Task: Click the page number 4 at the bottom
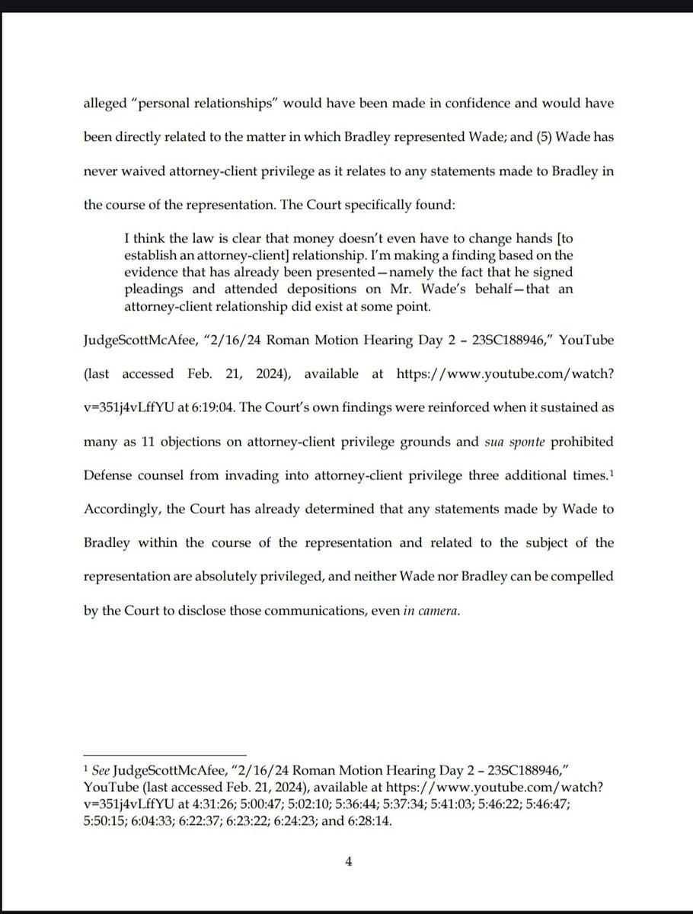(348, 861)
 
